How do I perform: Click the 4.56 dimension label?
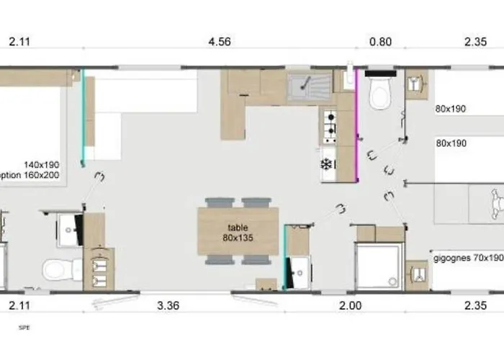click(219, 42)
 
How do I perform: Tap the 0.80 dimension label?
click(380, 42)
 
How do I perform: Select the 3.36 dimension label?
click(168, 306)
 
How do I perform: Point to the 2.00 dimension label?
click(350, 306)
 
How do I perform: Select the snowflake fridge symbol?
click(326, 165)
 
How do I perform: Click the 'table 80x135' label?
click(238, 231)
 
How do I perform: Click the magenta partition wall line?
click(357, 130)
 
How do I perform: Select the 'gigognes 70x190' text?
click(467, 257)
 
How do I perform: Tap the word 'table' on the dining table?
click(238, 226)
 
